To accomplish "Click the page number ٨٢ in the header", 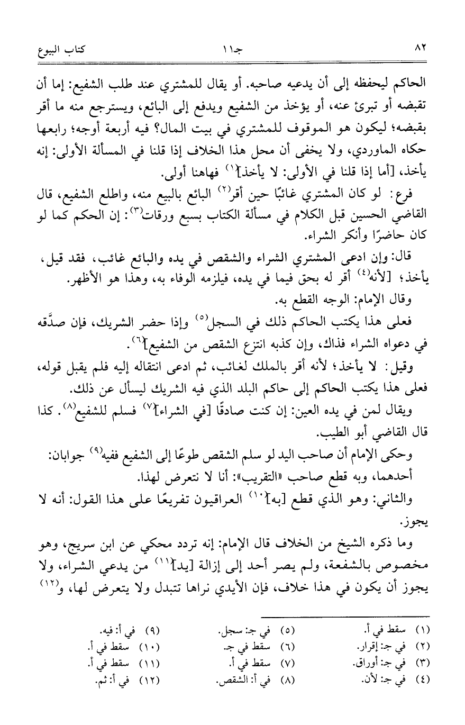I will tap(421, 50).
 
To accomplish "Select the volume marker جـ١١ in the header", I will tap(233, 50).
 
